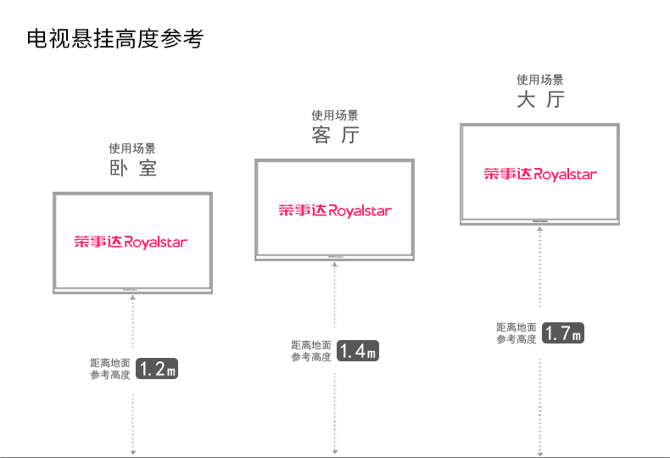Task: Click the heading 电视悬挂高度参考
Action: coord(115,39)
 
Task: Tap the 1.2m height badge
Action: coord(157,369)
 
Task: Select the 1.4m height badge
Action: coord(358,350)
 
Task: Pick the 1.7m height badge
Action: coord(563,333)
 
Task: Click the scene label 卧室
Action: coord(132,168)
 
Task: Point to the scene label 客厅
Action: coord(335,135)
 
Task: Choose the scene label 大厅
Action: coord(540,100)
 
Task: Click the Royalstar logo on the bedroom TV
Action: coord(131,243)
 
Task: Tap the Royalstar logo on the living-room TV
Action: coord(335,210)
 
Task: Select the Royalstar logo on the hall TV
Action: coord(540,175)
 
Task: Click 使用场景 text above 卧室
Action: coord(132,148)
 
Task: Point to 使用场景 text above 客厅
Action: coord(335,115)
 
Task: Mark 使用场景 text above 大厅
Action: coord(540,81)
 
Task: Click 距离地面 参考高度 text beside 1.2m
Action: coord(110,369)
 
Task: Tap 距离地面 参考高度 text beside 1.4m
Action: coord(311,351)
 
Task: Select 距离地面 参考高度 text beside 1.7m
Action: coord(516,333)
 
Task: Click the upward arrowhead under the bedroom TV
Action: coord(132,299)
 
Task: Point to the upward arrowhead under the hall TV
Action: coord(540,229)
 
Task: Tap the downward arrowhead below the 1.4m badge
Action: coord(335,451)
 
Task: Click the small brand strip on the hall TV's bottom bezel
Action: coord(540,221)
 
